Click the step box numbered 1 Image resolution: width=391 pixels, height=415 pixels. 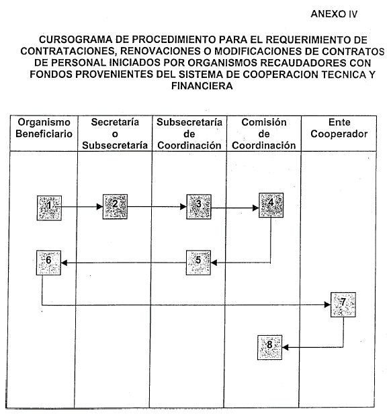pos(49,208)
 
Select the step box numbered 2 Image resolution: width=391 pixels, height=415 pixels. pos(115,207)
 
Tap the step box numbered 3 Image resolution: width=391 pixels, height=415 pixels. pos(199,207)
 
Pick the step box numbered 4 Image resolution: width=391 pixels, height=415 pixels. pos(271,205)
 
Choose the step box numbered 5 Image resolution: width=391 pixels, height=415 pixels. pos(198,263)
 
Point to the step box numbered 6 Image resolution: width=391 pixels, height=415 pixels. pos(48,263)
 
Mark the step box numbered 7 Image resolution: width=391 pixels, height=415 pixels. pos(343,305)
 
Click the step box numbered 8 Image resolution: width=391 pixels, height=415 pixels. pos(270,347)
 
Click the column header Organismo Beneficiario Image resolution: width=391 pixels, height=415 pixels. pos(44,128)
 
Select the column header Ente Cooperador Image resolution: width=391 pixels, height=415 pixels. pos(339,128)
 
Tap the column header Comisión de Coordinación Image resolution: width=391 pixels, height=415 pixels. pos(264,134)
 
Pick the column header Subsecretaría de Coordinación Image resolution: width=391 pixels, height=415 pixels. pos(189,134)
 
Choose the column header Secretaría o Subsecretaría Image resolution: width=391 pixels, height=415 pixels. pos(115,134)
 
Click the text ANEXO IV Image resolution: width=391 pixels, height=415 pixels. pos(334,14)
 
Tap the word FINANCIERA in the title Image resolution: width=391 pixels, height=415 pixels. pos(202,86)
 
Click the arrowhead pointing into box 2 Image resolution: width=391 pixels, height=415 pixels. pos(100,206)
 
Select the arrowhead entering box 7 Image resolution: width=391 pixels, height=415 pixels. pos(327,305)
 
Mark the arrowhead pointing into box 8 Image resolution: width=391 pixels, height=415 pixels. pos(286,347)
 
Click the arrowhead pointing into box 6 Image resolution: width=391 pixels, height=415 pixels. pos(64,263)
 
